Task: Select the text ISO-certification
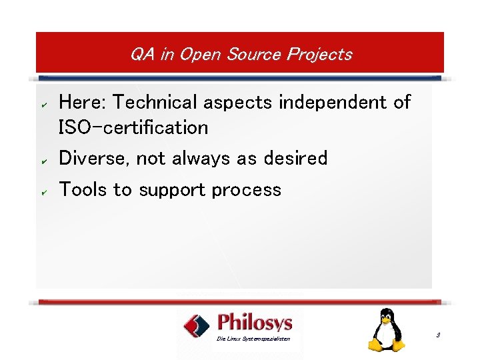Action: (133, 127)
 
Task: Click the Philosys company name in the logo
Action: (255, 323)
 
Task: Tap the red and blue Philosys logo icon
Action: (197, 326)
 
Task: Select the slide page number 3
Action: (438, 335)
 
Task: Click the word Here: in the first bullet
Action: (83, 102)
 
